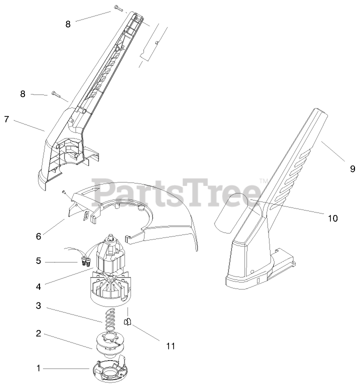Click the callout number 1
(x=38, y=368)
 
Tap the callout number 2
(x=38, y=332)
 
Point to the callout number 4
(x=38, y=286)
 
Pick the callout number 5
(x=38, y=260)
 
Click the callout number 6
(x=38, y=234)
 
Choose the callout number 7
(x=6, y=119)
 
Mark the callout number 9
(x=352, y=169)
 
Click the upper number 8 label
(x=68, y=23)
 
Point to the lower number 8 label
(x=22, y=93)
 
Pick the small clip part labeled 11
(x=127, y=321)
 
